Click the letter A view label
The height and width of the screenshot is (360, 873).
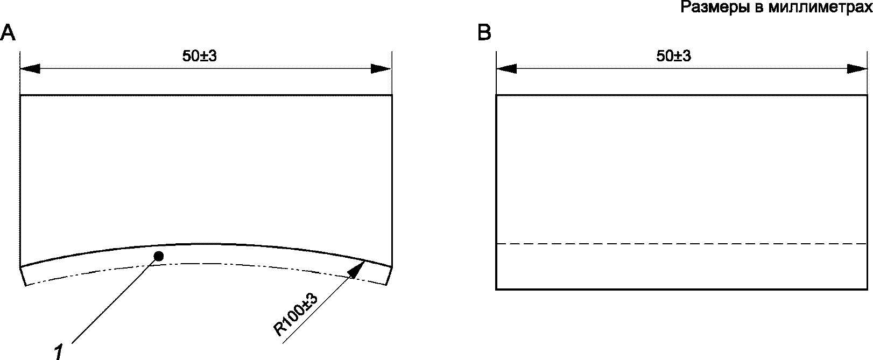click(8, 33)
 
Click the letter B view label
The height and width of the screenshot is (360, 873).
click(484, 33)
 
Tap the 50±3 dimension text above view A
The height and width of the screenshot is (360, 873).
click(199, 56)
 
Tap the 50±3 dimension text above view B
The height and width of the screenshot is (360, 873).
click(674, 56)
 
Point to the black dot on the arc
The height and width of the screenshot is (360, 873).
click(158, 257)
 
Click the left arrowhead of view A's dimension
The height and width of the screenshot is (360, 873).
click(30, 69)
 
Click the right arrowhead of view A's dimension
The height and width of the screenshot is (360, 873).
click(381, 69)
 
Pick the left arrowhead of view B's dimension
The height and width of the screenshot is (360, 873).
click(506, 69)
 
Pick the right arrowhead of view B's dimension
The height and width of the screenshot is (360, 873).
click(857, 69)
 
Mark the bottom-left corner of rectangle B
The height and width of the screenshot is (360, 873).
click(496, 290)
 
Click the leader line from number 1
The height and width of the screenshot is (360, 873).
click(113, 301)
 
